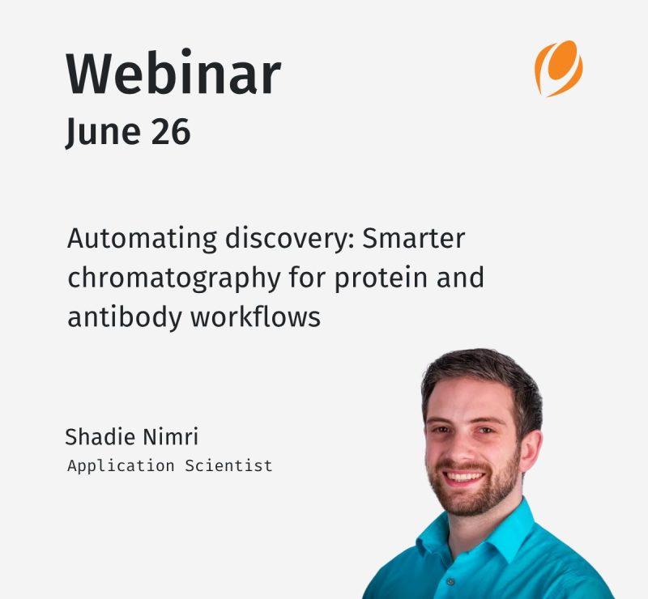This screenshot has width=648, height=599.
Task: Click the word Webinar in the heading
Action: click(x=173, y=71)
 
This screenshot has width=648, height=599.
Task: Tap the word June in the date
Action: click(x=103, y=132)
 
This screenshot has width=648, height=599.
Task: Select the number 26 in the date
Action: click(x=171, y=131)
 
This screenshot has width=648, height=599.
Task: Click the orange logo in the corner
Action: click(x=559, y=69)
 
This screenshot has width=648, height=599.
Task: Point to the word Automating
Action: click(x=142, y=240)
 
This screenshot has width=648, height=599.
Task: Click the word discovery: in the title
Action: click(x=290, y=239)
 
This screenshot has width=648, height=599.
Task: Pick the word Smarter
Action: click(x=414, y=238)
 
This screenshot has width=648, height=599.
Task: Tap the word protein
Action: click(x=381, y=278)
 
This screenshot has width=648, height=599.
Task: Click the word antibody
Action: click(x=125, y=317)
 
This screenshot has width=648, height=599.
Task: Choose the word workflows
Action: click(x=255, y=316)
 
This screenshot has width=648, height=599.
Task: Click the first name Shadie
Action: click(x=100, y=436)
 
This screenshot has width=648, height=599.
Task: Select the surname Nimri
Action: click(x=171, y=436)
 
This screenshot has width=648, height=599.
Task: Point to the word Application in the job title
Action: click(x=121, y=466)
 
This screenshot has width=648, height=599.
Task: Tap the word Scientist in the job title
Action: click(x=228, y=465)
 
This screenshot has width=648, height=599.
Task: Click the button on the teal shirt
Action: click(x=451, y=582)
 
